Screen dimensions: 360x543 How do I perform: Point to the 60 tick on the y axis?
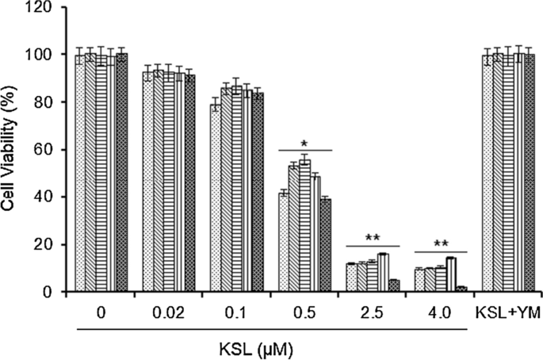[x=52, y=149]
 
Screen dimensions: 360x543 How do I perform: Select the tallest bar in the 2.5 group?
[x=383, y=273]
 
